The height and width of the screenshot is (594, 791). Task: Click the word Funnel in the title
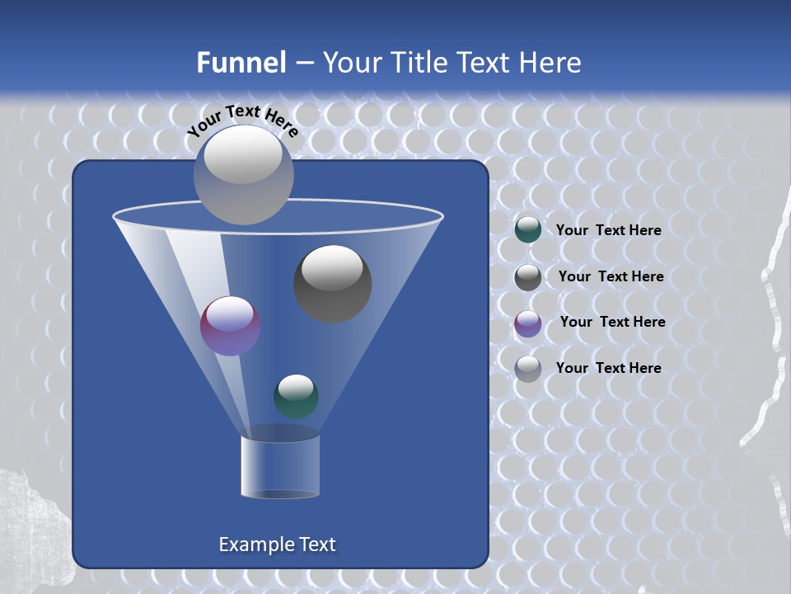(241, 63)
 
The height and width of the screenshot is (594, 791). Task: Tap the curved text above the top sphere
(243, 120)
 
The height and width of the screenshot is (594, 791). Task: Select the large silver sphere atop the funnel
(243, 175)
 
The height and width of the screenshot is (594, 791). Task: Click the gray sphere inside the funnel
(332, 285)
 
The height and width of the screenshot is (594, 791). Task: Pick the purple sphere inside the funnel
(230, 326)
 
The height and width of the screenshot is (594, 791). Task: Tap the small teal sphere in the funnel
(296, 396)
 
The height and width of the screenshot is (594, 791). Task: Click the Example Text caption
(277, 544)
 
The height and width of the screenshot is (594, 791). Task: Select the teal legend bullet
(528, 230)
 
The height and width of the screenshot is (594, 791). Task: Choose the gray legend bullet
(528, 277)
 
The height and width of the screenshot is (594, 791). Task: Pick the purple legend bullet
(528, 323)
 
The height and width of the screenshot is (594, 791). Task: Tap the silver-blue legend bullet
(528, 369)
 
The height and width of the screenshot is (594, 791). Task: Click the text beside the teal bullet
(608, 230)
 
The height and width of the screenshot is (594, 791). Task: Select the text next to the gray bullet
(611, 276)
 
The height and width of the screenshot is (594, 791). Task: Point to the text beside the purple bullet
(612, 322)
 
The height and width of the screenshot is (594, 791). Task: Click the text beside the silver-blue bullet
(608, 368)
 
